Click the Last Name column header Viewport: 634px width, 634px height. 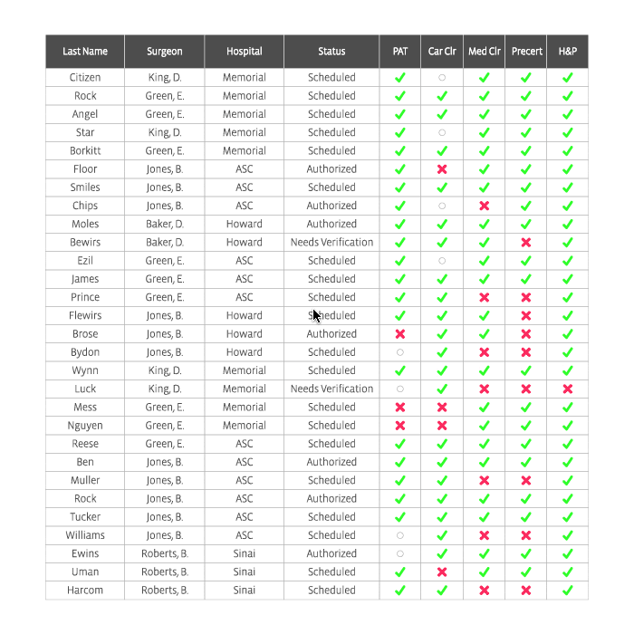click(x=85, y=52)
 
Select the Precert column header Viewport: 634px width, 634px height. click(x=526, y=52)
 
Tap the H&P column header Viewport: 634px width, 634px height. click(x=568, y=52)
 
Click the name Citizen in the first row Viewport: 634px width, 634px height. click(x=85, y=77)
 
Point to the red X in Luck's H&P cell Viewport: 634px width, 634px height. click(x=568, y=389)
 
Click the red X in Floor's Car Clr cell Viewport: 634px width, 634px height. click(x=442, y=169)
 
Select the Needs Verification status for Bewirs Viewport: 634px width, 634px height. click(x=331, y=243)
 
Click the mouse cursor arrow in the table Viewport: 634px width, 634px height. click(x=316, y=315)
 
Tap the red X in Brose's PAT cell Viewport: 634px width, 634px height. click(x=400, y=334)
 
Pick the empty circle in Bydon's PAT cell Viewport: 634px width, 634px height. click(x=400, y=352)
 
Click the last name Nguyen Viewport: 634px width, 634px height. click(x=85, y=426)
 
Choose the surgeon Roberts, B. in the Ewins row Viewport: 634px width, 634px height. click(x=165, y=553)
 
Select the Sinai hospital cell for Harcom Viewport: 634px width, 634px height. click(x=245, y=591)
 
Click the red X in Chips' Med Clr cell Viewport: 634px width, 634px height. click(x=484, y=206)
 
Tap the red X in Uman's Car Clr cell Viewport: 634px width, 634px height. click(x=442, y=572)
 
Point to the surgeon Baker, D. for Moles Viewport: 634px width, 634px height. click(x=165, y=224)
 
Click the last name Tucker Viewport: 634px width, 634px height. click(x=85, y=517)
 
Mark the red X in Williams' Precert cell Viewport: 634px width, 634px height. click(x=526, y=535)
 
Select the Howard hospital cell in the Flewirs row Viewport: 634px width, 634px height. click(x=245, y=315)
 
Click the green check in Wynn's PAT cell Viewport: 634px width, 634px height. click(x=400, y=370)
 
